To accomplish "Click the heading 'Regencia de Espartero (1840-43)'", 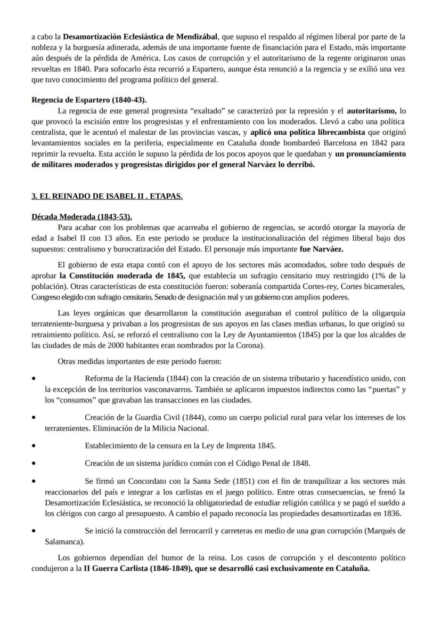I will pyautogui.click(x=89, y=100).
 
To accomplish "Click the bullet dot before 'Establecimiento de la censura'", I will pyautogui.click(x=34, y=445).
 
